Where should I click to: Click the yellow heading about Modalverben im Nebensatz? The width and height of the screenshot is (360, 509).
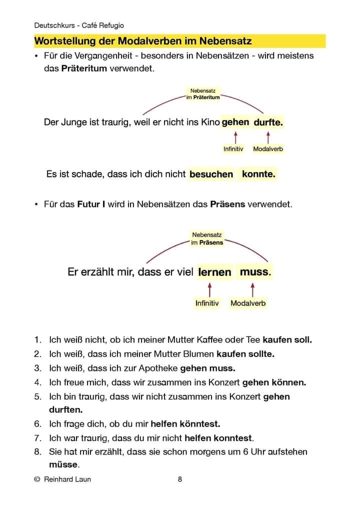tap(143, 40)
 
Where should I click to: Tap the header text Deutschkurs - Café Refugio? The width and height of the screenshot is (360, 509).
tap(79, 25)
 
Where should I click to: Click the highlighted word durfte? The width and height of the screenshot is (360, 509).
tap(268, 122)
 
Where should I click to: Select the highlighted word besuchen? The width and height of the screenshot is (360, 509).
tap(211, 174)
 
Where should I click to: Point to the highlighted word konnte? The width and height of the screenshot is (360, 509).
tap(258, 174)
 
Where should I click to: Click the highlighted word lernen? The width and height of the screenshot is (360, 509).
tap(214, 272)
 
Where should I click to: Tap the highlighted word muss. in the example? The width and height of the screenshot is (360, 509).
tap(255, 272)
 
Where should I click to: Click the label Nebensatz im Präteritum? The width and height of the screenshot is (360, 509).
tap(202, 94)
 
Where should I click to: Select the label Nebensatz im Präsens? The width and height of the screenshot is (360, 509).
tap(207, 238)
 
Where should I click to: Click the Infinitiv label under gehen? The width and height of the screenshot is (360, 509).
tap(233, 149)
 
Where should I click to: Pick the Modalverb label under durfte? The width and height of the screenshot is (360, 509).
tap(268, 149)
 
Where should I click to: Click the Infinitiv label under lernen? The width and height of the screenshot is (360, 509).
tap(207, 303)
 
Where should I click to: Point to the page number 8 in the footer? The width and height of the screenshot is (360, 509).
tap(180, 479)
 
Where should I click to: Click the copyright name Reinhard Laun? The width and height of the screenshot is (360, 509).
tap(67, 479)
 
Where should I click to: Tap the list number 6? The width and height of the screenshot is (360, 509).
tap(37, 424)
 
